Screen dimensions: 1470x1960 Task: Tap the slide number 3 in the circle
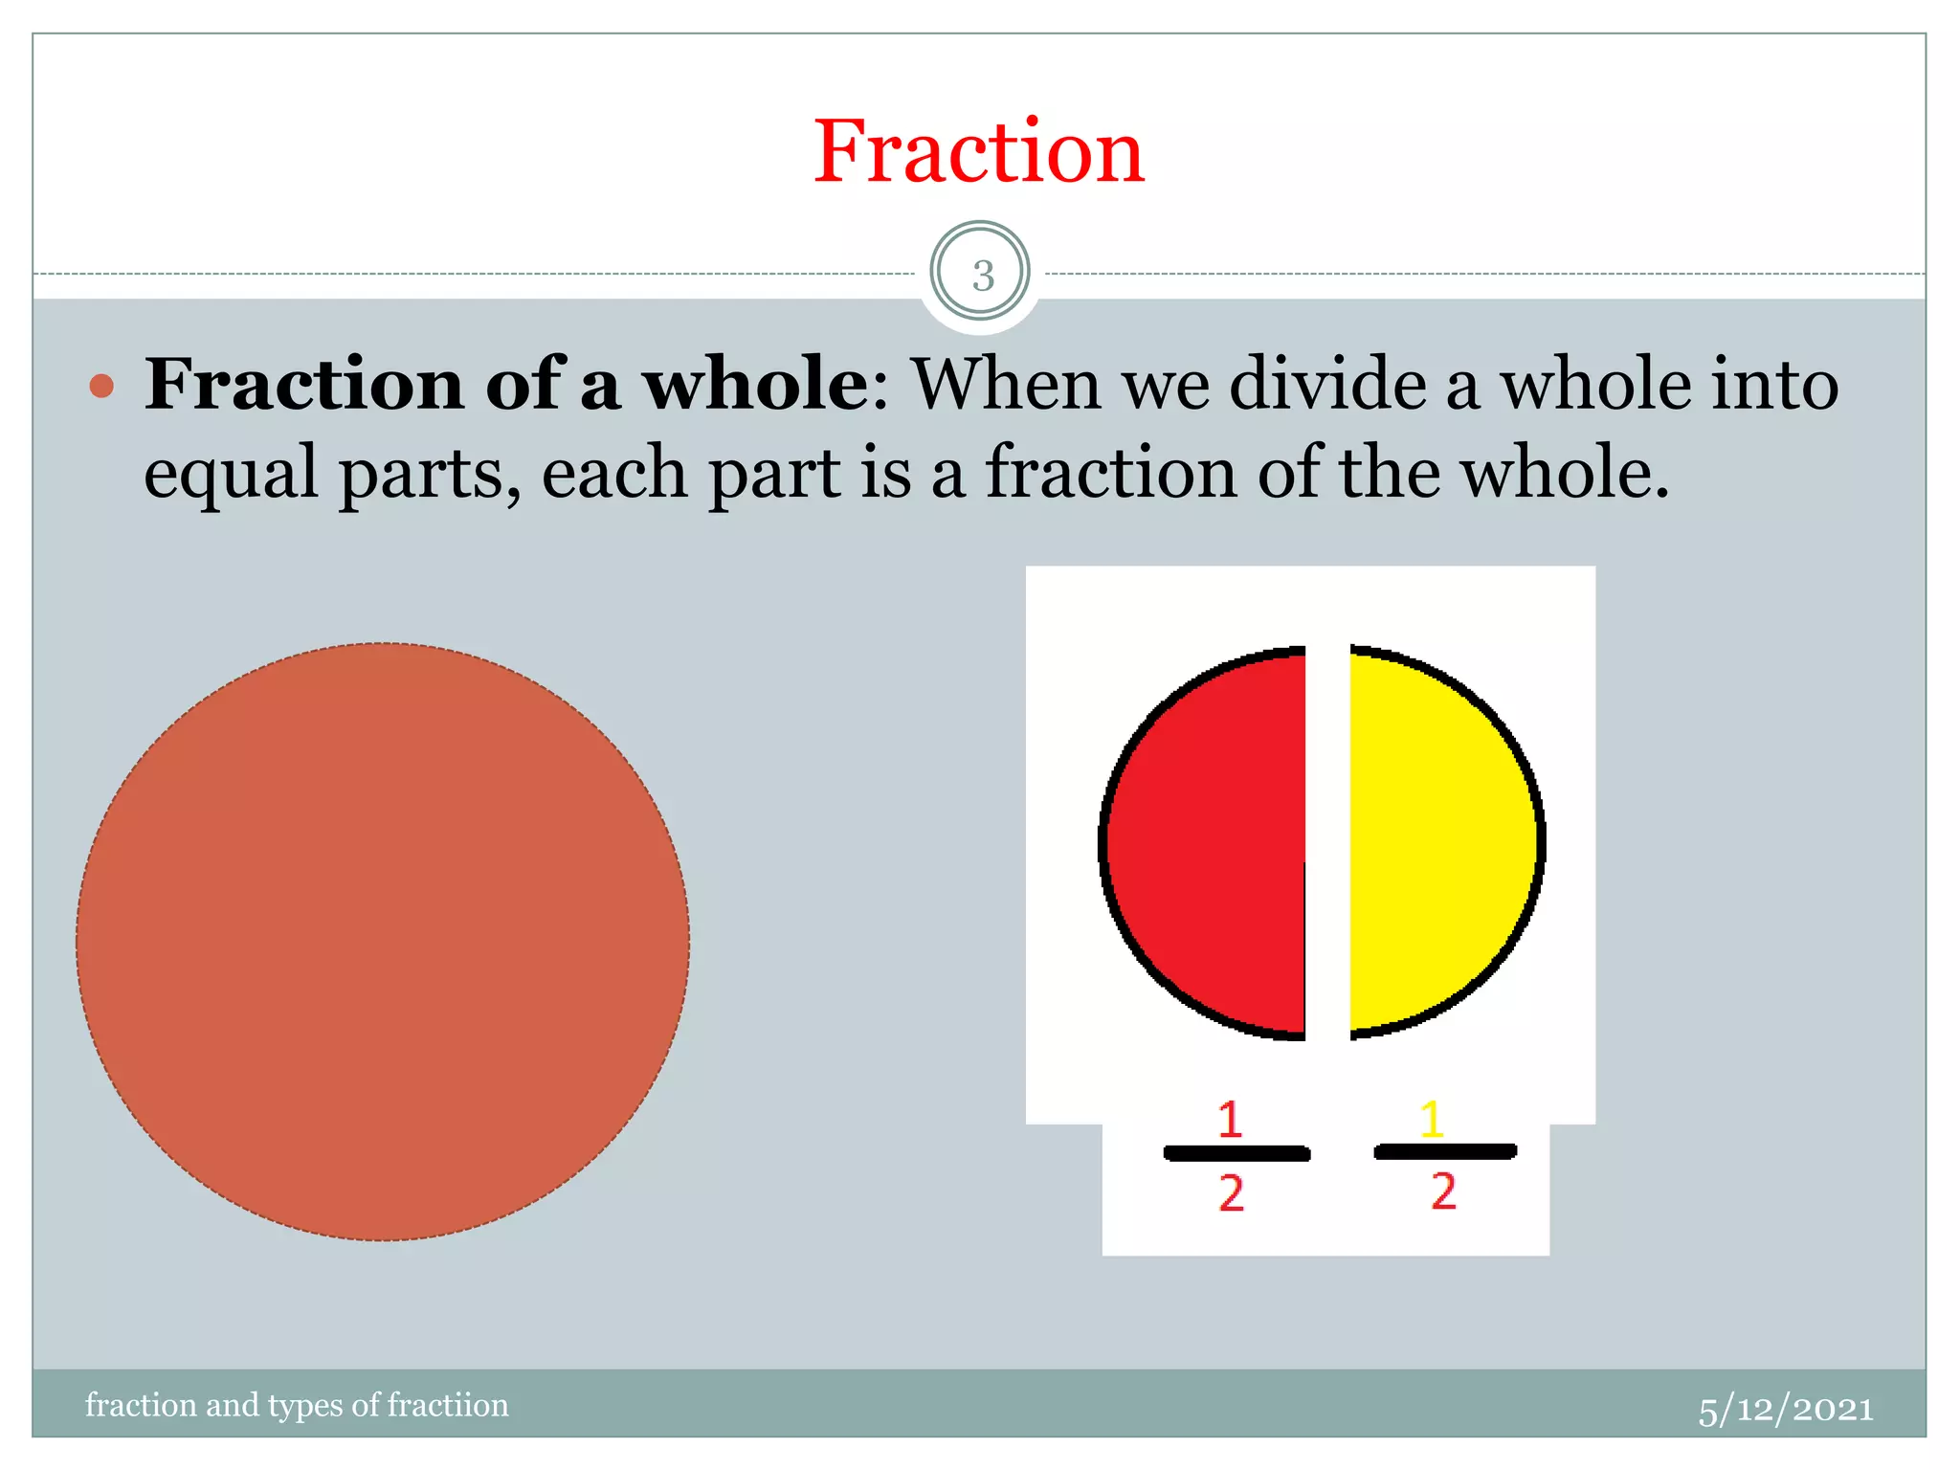coord(982,276)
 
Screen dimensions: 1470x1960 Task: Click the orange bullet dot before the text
coord(101,387)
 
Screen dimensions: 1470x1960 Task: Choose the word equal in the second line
coord(230,473)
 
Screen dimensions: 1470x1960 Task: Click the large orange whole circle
coord(383,942)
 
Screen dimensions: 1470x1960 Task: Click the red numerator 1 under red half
coord(1231,1120)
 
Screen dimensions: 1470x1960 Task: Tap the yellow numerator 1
coord(1432,1119)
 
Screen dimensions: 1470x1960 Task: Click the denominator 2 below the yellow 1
coord(1443,1192)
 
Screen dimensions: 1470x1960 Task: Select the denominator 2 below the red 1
coord(1232,1194)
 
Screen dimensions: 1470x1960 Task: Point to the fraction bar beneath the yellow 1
coord(1445,1151)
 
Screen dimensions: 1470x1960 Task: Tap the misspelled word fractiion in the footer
coord(448,1405)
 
